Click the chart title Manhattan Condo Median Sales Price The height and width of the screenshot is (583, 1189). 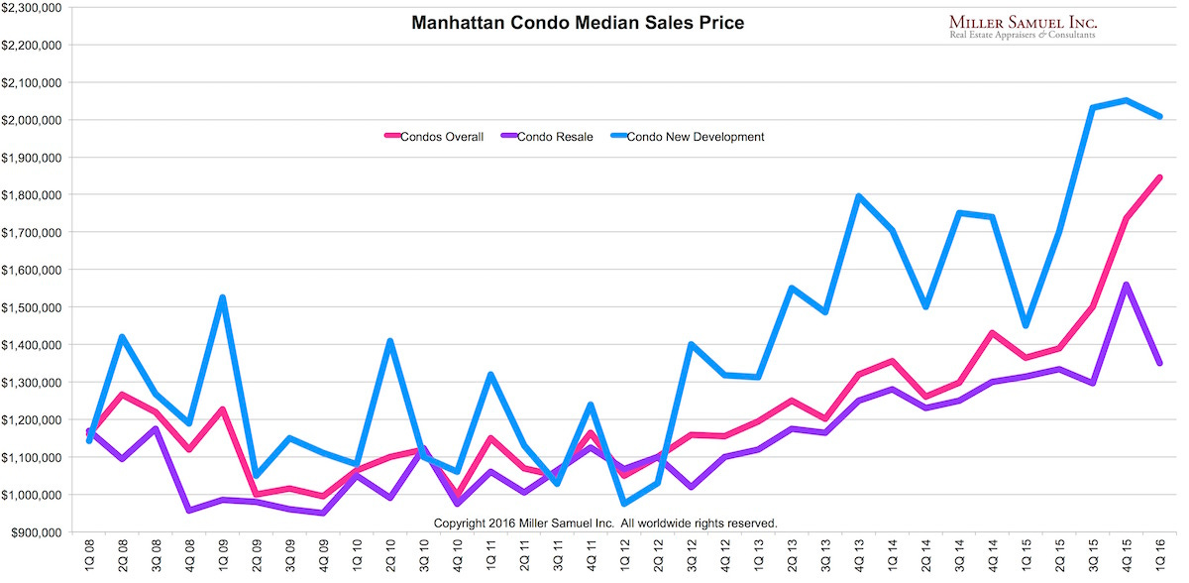point(577,22)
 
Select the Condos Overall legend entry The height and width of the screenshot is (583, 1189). point(434,137)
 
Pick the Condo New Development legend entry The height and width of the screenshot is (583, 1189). point(688,137)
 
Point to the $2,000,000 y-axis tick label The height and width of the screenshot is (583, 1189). point(34,120)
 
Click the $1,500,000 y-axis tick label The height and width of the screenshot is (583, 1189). point(34,307)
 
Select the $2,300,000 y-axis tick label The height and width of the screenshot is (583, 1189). point(34,8)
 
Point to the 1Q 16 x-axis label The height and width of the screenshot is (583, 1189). point(1158,557)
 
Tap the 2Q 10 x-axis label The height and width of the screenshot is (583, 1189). point(388,557)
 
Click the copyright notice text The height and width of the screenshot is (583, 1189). point(605,523)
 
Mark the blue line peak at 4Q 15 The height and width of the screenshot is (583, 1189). point(1126,100)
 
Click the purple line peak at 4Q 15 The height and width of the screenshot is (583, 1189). point(1126,286)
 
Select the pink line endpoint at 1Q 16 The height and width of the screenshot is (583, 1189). point(1158,177)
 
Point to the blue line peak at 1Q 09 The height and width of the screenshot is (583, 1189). point(222,297)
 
